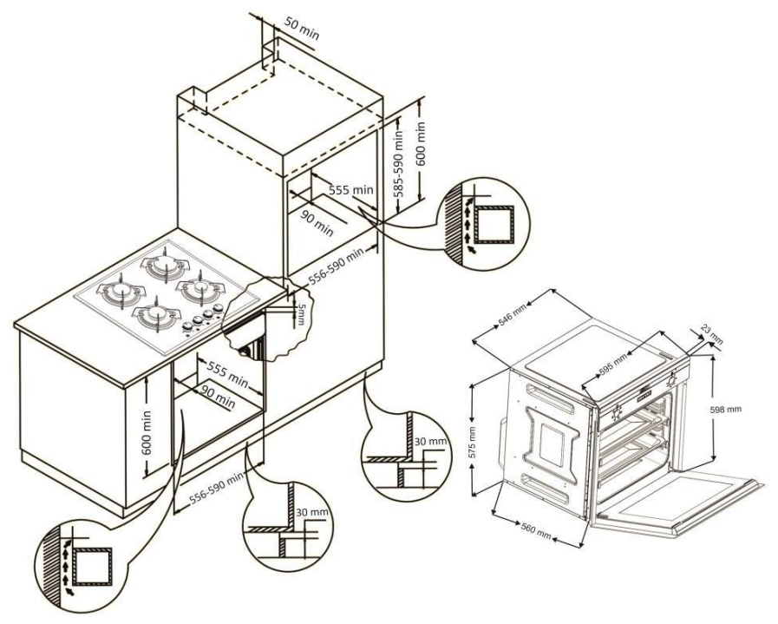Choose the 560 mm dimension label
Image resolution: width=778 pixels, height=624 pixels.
[533, 529]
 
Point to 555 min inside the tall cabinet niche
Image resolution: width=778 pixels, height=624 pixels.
[350, 190]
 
